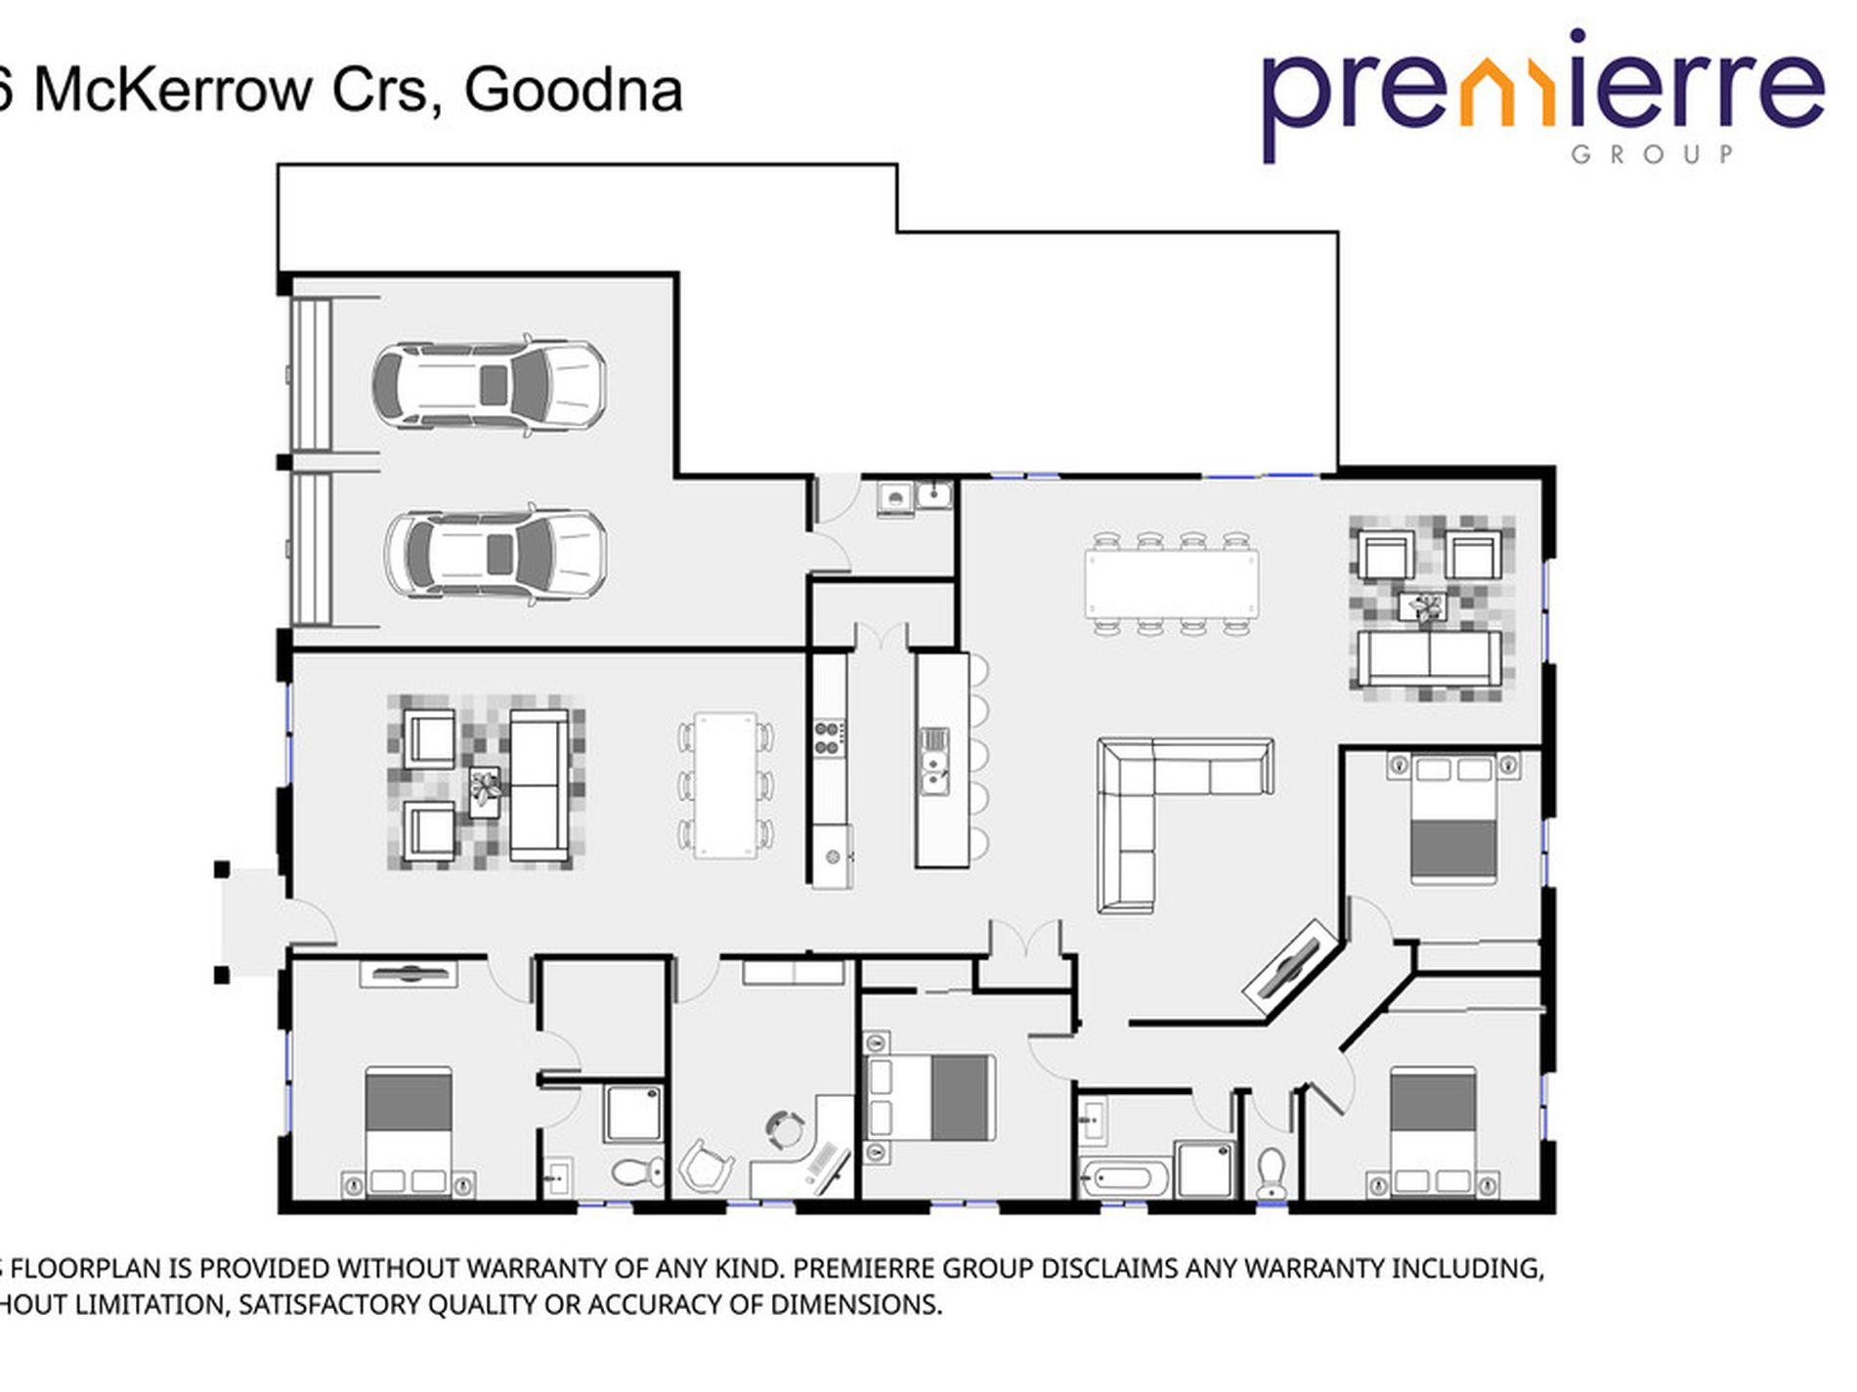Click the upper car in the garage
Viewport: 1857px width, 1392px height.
pyautogui.click(x=489, y=385)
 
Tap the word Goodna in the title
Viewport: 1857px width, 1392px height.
pyautogui.click(x=573, y=90)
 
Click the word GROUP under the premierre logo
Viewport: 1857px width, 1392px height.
pyautogui.click(x=1652, y=154)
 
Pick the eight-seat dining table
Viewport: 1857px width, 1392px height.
pyautogui.click(x=1171, y=583)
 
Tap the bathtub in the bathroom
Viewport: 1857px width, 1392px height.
pyautogui.click(x=1125, y=1176)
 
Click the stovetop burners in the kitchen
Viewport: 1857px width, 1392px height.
pyautogui.click(x=830, y=738)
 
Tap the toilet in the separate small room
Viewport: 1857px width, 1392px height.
pyautogui.click(x=1271, y=1172)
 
